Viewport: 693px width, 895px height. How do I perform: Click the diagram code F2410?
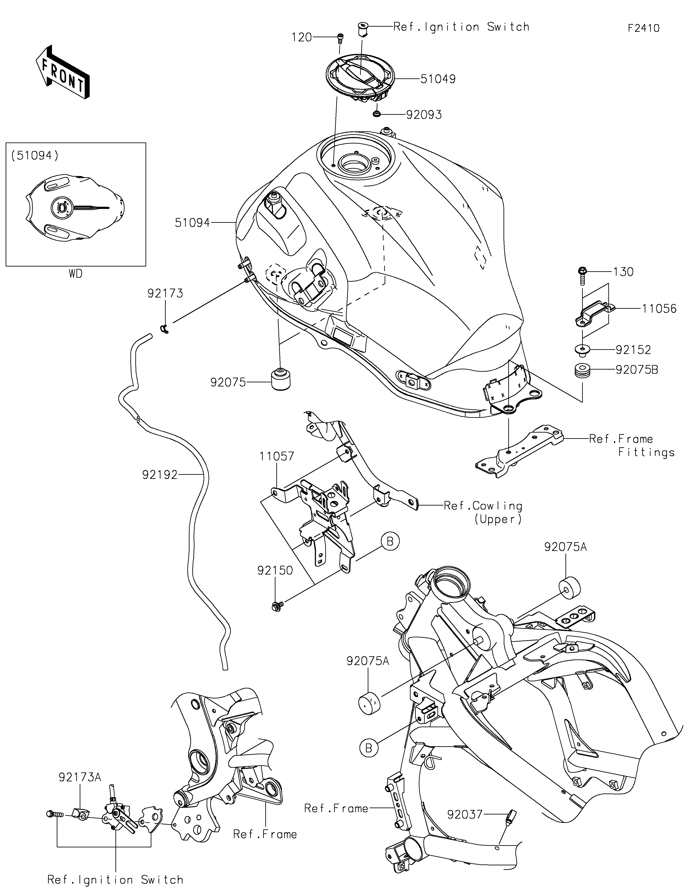[x=643, y=28]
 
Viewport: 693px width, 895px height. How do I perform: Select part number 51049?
[x=438, y=79]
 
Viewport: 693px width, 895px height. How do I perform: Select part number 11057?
[x=277, y=456]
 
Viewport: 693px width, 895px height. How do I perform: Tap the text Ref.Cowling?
[x=483, y=506]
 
